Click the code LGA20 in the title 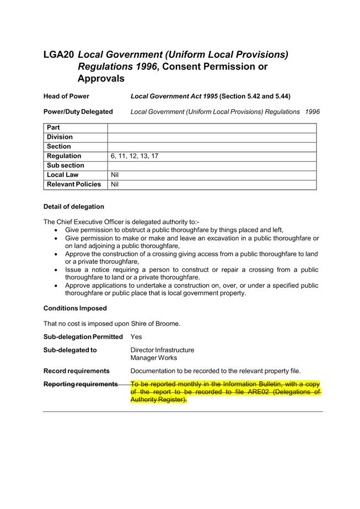pos(58,55)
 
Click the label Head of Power pos(66,96)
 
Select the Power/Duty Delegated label pos(78,111)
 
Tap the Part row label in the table pos(53,128)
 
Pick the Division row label pos(60,137)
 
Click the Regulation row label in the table pos(64,156)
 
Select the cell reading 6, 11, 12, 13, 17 pos(135,156)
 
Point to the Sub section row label pos(66,165)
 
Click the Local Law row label pos(63,175)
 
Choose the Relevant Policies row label pos(74,184)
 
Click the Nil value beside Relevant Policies pos(115,184)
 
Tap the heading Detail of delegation pos(74,207)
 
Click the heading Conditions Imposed pos(75,308)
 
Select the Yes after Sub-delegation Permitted pos(136,336)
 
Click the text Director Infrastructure pos(162,350)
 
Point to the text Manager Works pos(154,358)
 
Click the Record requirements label pos(77,371)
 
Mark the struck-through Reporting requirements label pos(80,384)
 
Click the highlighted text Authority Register pos(158,400)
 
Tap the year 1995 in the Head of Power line pos(208,96)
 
